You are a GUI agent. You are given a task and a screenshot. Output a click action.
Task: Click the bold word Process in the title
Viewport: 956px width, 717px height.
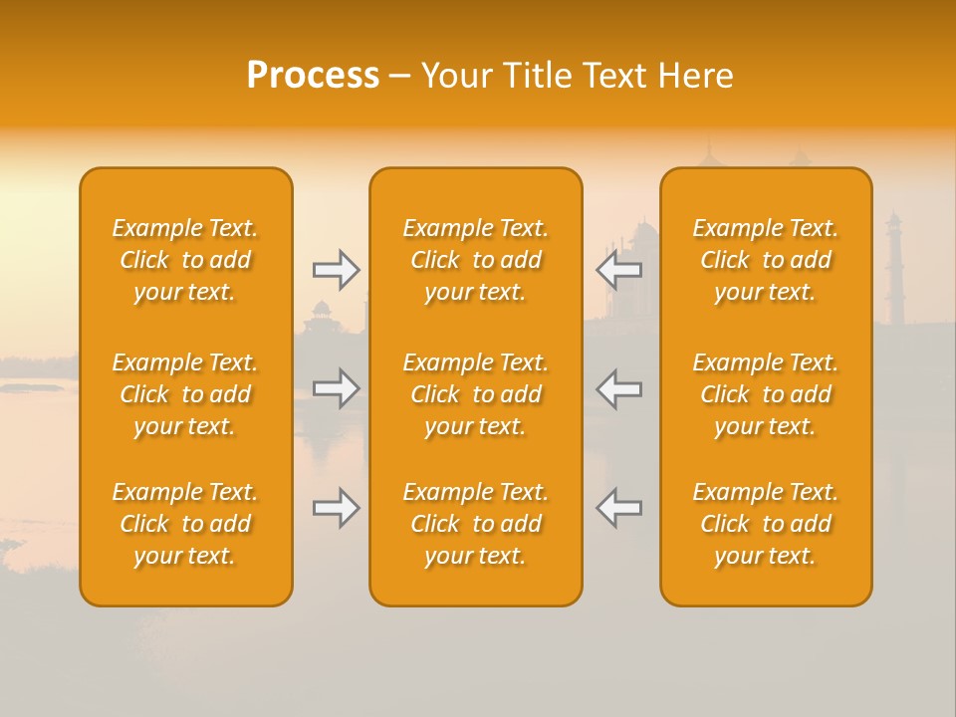click(313, 75)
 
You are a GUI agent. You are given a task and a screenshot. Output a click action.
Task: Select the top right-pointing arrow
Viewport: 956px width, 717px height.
click(337, 270)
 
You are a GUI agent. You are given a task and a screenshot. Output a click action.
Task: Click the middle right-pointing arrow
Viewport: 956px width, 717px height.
click(337, 388)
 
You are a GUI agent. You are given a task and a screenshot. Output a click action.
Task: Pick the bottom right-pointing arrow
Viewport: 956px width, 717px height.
click(337, 508)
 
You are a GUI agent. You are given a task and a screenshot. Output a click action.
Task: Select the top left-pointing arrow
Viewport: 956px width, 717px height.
click(618, 270)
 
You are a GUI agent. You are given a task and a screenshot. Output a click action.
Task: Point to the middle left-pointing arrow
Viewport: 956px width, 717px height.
click(618, 388)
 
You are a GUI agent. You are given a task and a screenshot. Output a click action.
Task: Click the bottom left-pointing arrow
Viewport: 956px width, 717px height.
click(618, 508)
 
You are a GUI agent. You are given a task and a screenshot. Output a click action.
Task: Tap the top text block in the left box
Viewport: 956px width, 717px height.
click(185, 260)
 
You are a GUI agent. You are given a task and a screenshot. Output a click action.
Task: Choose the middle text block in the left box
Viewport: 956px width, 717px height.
click(185, 394)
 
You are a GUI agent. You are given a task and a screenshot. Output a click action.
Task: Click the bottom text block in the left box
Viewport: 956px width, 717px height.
click(185, 524)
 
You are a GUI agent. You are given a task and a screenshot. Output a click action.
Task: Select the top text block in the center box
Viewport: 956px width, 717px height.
click(475, 260)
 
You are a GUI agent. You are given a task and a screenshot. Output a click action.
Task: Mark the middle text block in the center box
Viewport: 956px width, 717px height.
click(475, 394)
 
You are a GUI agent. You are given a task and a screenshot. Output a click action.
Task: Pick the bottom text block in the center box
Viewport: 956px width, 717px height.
click(475, 524)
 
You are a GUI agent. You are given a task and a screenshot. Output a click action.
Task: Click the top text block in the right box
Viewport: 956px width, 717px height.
click(765, 260)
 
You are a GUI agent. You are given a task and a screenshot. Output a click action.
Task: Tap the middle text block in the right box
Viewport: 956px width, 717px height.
click(765, 394)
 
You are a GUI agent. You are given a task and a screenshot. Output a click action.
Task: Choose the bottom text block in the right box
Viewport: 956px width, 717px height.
click(765, 524)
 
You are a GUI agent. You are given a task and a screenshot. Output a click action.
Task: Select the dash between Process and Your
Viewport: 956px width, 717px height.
click(399, 76)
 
